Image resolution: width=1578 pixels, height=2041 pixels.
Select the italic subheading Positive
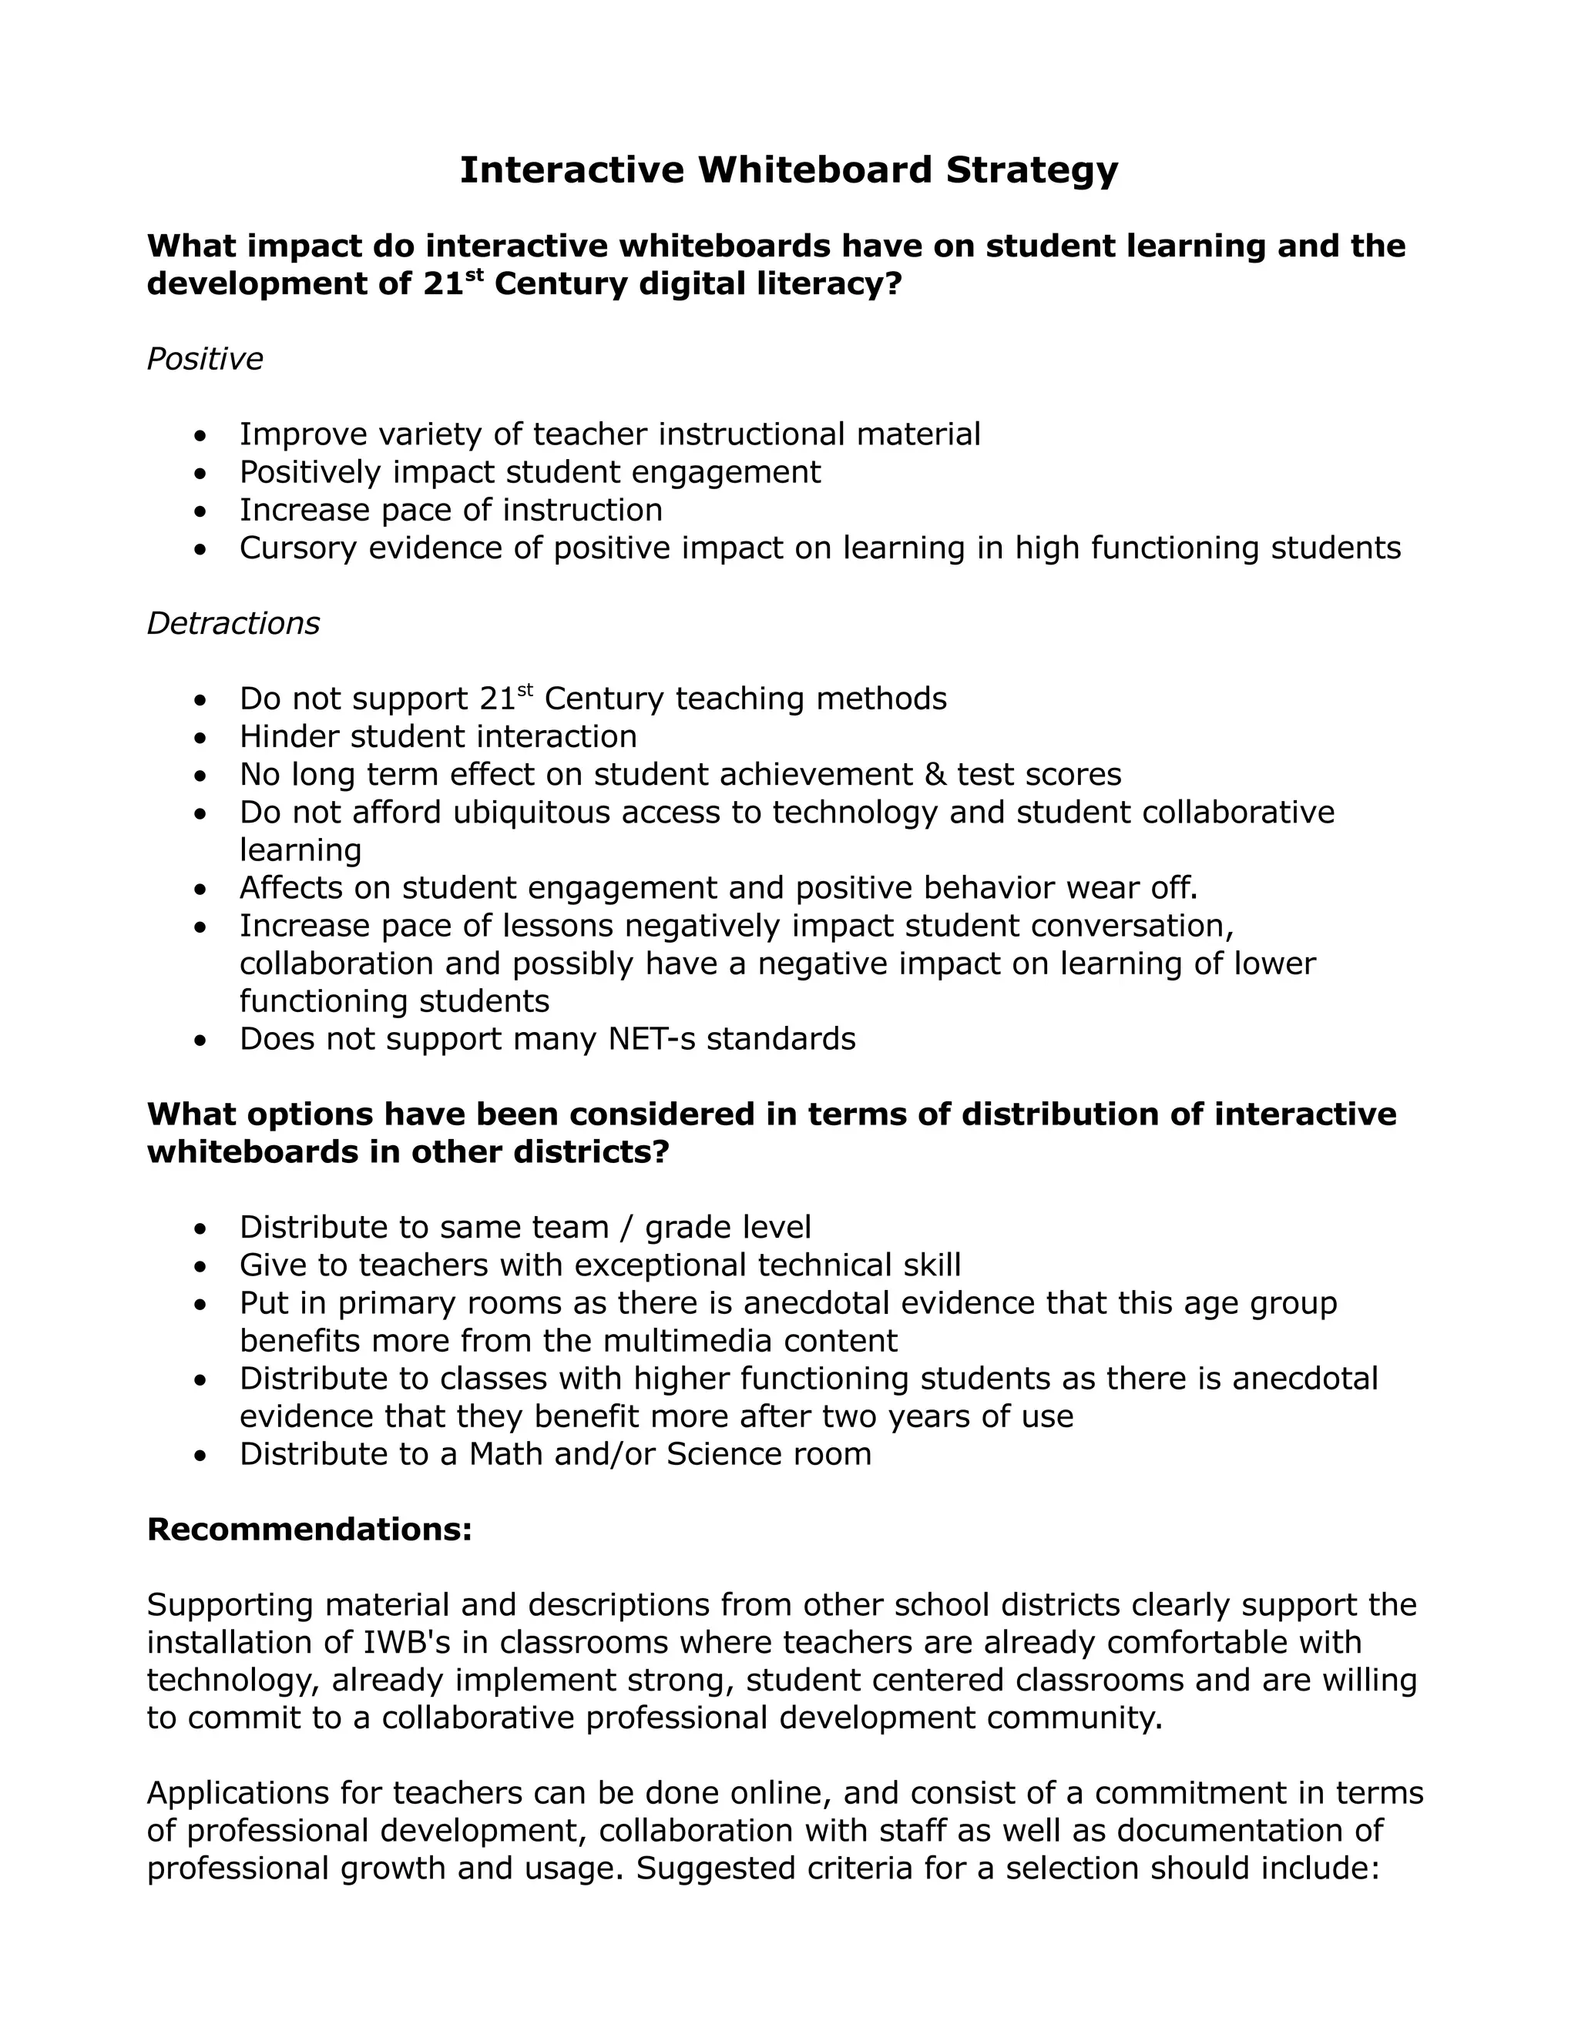[x=205, y=359]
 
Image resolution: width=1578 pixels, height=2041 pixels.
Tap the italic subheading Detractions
[x=233, y=623]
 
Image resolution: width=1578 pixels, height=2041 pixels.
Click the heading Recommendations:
[x=310, y=1530]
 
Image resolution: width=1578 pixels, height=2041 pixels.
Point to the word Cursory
[x=298, y=548]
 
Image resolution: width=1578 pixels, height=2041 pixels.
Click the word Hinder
[x=289, y=736]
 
